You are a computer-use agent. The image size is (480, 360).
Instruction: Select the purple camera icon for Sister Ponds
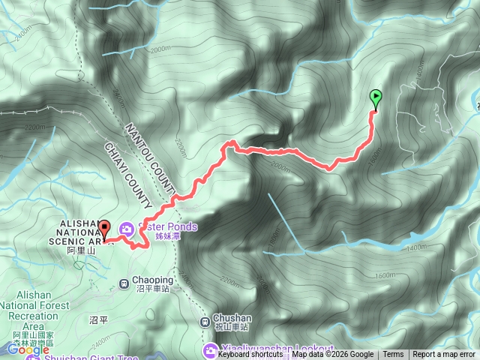point(127,227)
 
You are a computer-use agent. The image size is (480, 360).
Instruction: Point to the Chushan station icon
point(205,322)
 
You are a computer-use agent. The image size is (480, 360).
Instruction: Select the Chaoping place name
point(153,280)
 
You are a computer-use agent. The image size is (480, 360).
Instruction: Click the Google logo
point(28,349)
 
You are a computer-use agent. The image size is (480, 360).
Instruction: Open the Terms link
point(393,355)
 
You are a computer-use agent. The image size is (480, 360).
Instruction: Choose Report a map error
point(444,355)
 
